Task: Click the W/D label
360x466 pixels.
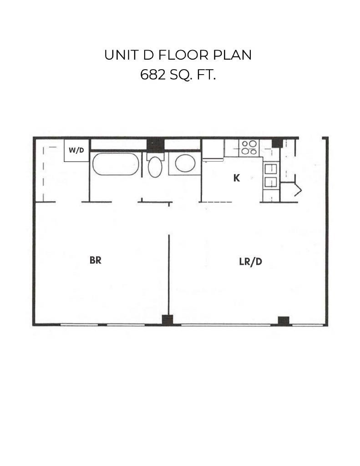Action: point(76,150)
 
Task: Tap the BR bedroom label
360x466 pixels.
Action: point(95,260)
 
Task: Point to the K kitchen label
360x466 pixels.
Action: point(236,178)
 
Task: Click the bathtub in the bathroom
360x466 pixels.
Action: point(116,164)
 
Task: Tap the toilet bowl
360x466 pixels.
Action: point(155,167)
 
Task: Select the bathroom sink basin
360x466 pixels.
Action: point(185,163)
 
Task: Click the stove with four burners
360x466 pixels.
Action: point(249,148)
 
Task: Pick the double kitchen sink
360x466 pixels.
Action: point(271,175)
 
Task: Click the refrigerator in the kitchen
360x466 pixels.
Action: point(213,150)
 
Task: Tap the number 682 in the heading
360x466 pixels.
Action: point(153,75)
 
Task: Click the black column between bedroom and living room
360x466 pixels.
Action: point(167,320)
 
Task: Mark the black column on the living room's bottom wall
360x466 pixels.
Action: point(284,320)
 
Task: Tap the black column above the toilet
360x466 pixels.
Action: point(155,145)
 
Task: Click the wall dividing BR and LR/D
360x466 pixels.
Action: point(169,273)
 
